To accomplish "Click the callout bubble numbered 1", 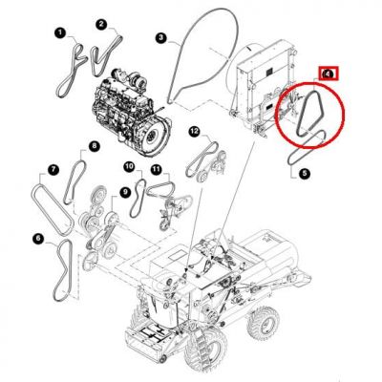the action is coord(60,32).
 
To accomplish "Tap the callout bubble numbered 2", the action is coord(101,24).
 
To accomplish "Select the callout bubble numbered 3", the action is coord(160,38).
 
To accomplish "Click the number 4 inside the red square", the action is coord(329,74).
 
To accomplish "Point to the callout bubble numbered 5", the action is coord(305,174).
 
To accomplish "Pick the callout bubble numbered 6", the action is coord(38,238).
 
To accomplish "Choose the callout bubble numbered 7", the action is coord(53,169).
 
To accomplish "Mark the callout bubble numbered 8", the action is coord(94,146).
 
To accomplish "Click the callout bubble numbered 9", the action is coord(125,192).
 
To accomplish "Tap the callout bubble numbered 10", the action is coord(130,166).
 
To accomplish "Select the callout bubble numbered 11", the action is coord(156,169).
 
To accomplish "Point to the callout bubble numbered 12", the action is coord(194,131).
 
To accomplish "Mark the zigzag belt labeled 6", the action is coord(63,270).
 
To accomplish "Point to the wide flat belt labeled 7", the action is coord(52,207).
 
